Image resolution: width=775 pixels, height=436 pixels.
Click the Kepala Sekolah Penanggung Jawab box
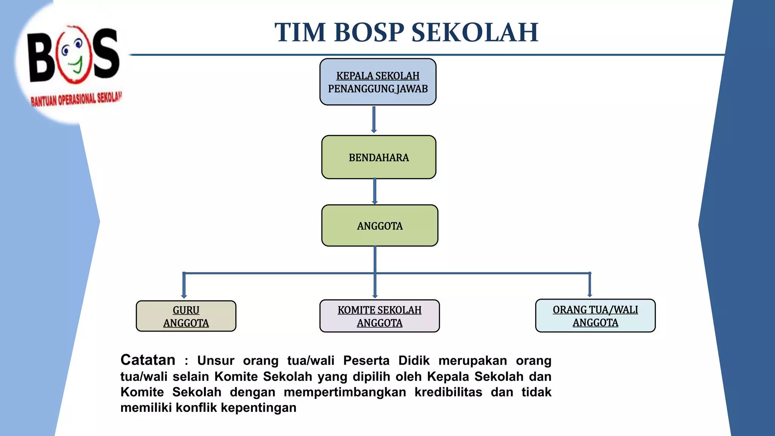(x=378, y=82)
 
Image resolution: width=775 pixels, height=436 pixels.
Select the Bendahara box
(x=378, y=157)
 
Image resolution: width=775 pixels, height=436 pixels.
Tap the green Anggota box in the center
(x=380, y=226)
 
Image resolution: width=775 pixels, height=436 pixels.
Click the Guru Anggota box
(x=186, y=316)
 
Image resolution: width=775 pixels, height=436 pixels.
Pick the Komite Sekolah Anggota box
(x=379, y=316)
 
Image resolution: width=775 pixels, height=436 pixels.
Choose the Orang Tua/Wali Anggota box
(x=595, y=316)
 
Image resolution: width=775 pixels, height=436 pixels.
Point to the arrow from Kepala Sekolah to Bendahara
(x=374, y=119)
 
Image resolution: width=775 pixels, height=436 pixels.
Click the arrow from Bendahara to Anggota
(x=375, y=191)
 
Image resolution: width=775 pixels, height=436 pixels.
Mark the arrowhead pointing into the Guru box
(x=184, y=296)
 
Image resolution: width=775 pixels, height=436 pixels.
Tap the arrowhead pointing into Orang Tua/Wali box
(x=590, y=294)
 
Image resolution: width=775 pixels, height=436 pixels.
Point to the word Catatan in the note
(x=148, y=360)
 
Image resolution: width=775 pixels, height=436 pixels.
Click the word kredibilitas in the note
(x=448, y=392)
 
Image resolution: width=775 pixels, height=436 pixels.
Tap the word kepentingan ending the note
(x=258, y=408)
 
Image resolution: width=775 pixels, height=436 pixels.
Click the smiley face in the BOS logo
(x=74, y=55)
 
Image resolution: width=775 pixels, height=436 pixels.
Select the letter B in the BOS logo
(x=40, y=58)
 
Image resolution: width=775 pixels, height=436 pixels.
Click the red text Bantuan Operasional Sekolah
(x=76, y=99)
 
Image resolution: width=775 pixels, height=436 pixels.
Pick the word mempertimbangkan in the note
(x=345, y=392)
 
